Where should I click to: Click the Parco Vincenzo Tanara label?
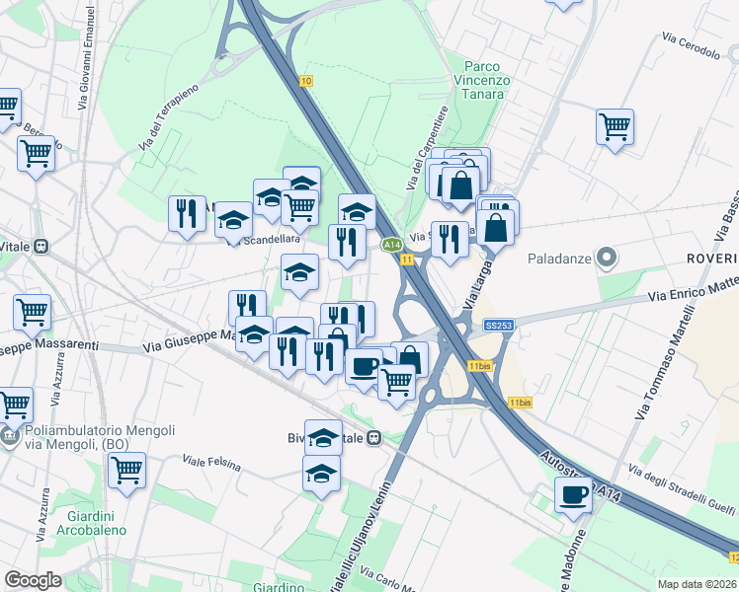481,80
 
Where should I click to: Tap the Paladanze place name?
559,259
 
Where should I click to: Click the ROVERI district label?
711,259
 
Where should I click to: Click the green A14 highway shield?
391,244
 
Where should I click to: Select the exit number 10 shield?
307,81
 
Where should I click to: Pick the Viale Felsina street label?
212,461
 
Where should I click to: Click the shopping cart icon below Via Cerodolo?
615,125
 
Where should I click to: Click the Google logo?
34,580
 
